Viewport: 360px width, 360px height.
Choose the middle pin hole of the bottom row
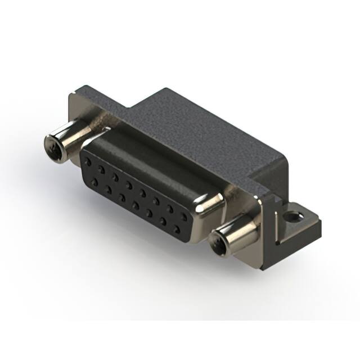(136, 205)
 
